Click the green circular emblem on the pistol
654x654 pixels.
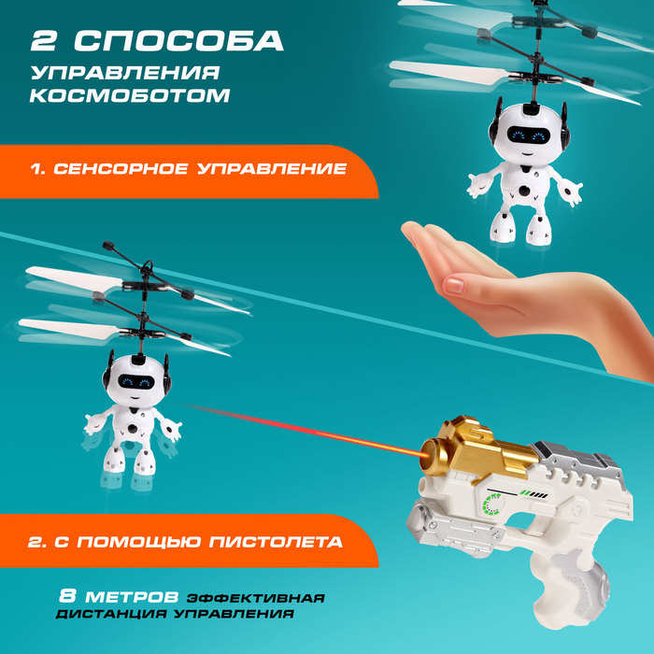tap(492, 506)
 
